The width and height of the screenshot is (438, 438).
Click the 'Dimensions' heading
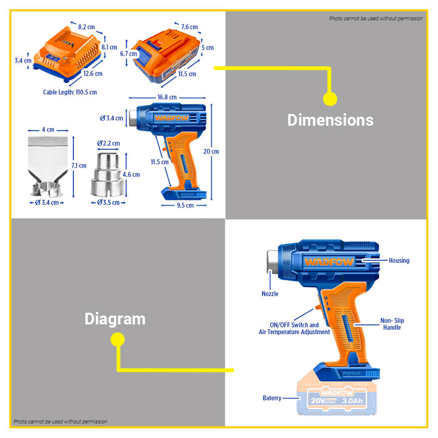tap(330, 120)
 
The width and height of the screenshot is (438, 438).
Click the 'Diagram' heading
tap(115, 319)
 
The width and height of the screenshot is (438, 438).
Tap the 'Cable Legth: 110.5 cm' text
tap(70, 92)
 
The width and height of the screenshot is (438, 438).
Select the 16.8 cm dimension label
tap(167, 97)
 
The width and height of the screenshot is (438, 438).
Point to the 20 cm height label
tap(211, 151)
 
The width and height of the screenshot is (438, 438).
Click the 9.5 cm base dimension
tap(185, 205)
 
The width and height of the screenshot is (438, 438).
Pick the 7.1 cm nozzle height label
tap(79, 166)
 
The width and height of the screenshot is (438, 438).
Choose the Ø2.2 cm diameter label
tap(108, 143)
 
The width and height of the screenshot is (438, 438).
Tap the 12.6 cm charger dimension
tap(93, 74)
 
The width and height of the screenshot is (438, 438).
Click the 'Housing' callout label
tap(399, 260)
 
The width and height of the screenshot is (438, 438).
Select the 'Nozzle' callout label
tap(270, 293)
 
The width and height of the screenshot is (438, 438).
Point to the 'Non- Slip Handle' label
tap(392, 324)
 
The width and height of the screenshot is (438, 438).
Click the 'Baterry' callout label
tap(272, 398)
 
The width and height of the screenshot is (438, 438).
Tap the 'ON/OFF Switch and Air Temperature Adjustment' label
tap(294, 328)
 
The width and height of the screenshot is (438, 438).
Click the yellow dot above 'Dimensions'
tap(330, 99)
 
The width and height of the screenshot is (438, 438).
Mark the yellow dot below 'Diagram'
tap(118, 340)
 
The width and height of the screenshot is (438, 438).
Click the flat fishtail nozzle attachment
tap(48, 166)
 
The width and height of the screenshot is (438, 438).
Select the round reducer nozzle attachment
tap(108, 175)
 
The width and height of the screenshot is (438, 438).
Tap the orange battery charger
tap(67, 54)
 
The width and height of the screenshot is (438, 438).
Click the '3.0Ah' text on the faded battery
tap(352, 400)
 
